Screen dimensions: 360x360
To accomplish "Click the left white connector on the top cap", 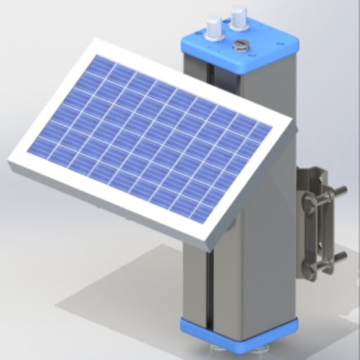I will coord(214,29).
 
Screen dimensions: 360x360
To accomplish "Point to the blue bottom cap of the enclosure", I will coord(239,332).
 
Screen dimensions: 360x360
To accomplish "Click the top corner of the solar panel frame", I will coord(95,40).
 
